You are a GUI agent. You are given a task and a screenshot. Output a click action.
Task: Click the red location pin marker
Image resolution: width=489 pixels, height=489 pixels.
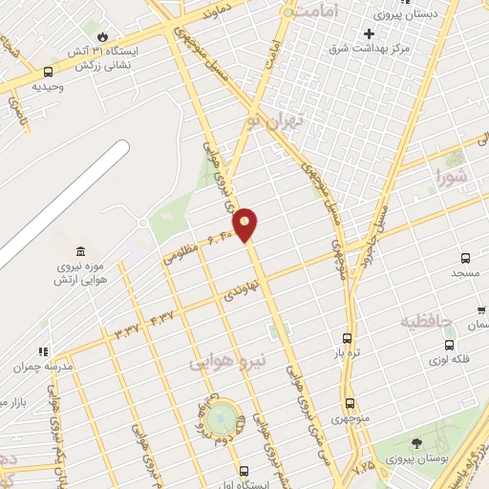[245, 224]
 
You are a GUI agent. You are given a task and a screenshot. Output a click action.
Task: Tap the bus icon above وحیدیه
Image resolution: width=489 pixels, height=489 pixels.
[48, 72]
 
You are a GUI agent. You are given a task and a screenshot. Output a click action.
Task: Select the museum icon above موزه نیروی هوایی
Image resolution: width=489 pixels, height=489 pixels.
[80, 251]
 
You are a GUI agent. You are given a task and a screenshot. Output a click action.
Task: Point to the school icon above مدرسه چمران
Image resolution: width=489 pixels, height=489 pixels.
[42, 351]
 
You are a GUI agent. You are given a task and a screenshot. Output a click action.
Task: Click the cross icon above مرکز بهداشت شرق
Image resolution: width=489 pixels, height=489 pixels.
[369, 33]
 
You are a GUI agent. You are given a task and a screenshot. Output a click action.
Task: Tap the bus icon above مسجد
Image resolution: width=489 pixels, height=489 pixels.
[465, 259]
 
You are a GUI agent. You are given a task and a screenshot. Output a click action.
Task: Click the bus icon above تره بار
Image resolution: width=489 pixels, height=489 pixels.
[347, 339]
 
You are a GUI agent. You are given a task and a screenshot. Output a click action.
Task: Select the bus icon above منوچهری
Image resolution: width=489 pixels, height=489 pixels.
[350, 403]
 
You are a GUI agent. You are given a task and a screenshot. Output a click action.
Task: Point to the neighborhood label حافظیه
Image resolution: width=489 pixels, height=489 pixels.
[426, 320]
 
